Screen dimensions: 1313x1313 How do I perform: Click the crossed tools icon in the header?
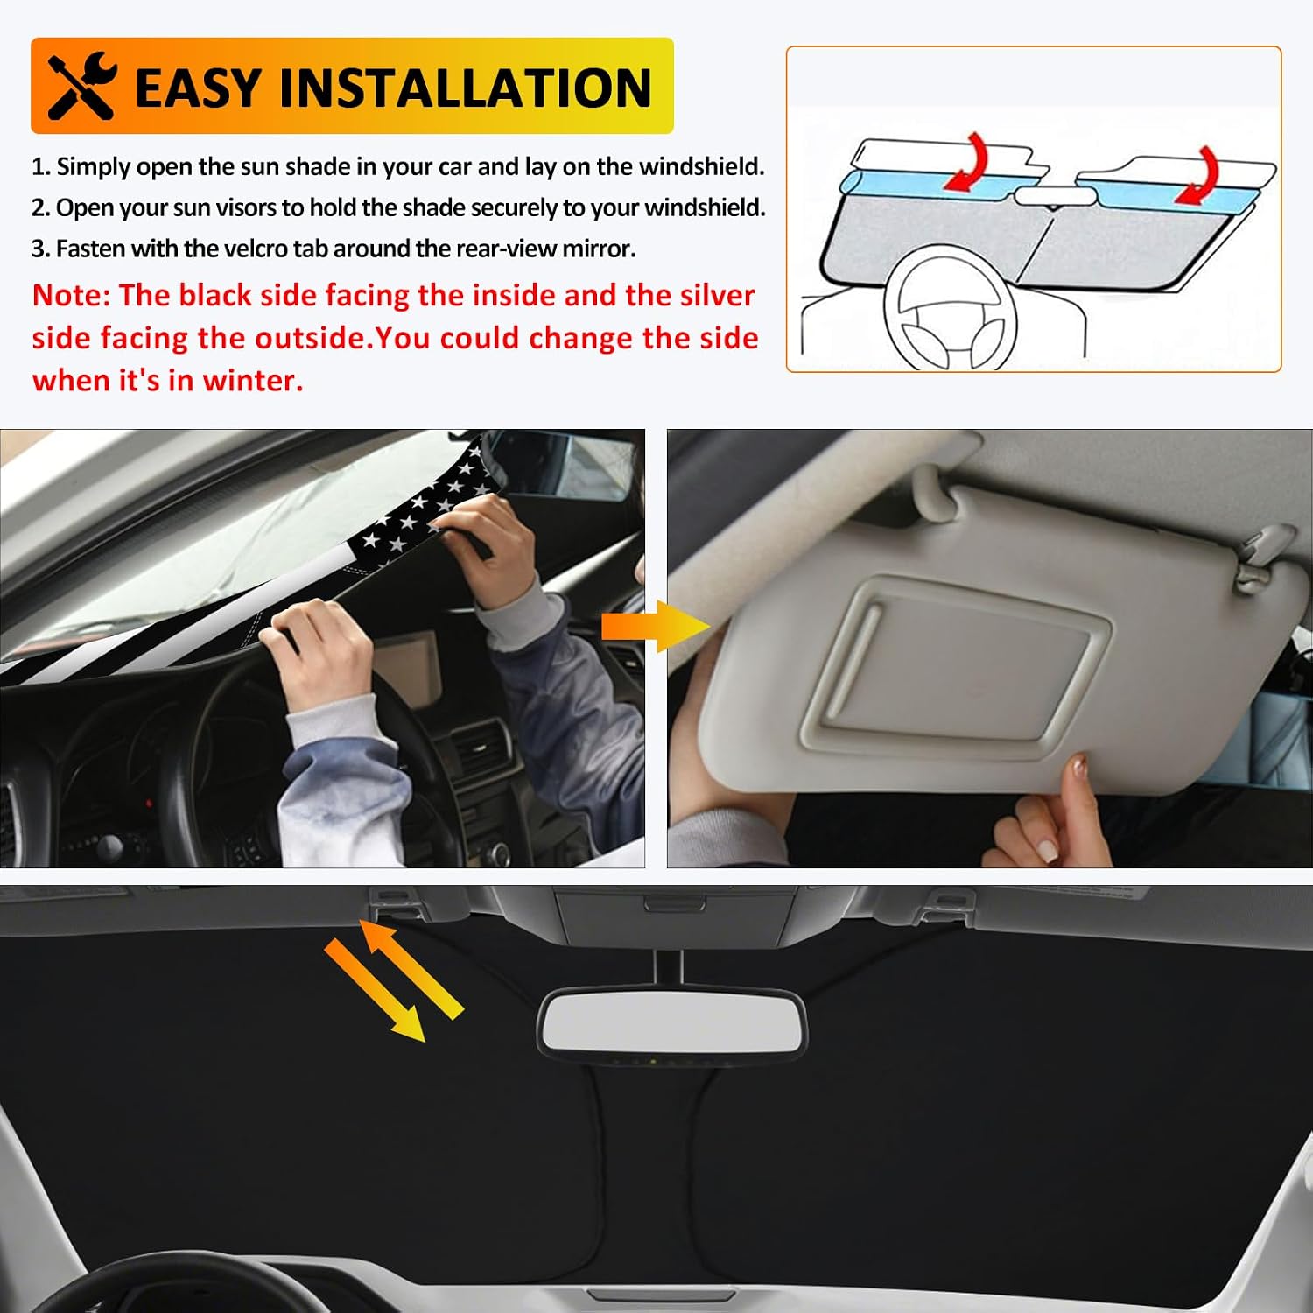point(82,86)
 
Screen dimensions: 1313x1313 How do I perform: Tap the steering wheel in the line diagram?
point(950,308)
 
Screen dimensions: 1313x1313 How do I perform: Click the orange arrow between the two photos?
point(655,627)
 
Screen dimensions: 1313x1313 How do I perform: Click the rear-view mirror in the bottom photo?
point(671,1023)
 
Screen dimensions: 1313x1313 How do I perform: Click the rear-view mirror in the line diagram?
point(1049,196)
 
